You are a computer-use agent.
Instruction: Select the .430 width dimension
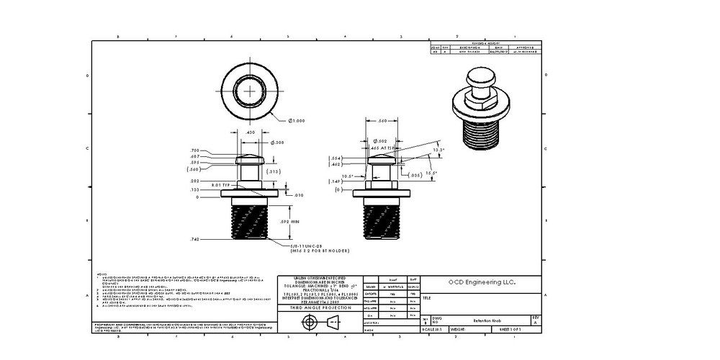point(250,132)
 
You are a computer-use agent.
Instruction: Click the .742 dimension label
point(194,238)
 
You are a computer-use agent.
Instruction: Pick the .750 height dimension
point(194,150)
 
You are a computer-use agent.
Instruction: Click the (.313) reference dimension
point(274,172)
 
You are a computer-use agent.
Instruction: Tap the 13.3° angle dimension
point(438,150)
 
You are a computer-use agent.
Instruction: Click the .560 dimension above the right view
point(382,121)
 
